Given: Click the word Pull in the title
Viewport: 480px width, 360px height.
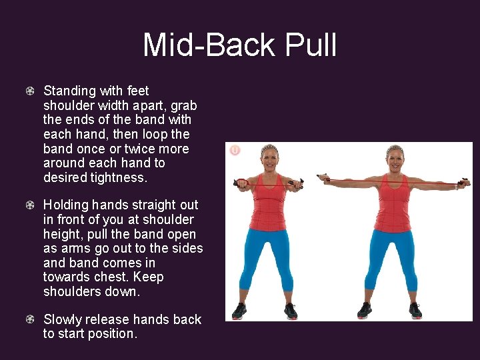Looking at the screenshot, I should (311, 46).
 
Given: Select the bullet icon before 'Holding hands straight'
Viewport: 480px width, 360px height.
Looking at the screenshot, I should (31, 205).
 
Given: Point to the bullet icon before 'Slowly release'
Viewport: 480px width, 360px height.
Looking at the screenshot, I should (31, 319).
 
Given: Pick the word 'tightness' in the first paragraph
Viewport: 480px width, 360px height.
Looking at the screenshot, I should (119, 177).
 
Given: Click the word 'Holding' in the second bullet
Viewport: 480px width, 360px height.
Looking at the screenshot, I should (66, 205).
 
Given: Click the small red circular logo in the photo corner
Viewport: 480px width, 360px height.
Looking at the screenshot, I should (235, 150).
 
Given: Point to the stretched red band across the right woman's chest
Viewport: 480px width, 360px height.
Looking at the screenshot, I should (395, 181).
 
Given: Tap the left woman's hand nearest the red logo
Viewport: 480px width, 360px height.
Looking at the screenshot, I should (242, 182).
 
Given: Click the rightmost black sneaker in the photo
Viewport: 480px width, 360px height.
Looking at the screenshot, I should (415, 311).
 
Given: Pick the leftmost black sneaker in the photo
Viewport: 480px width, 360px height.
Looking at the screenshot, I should (239, 311).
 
